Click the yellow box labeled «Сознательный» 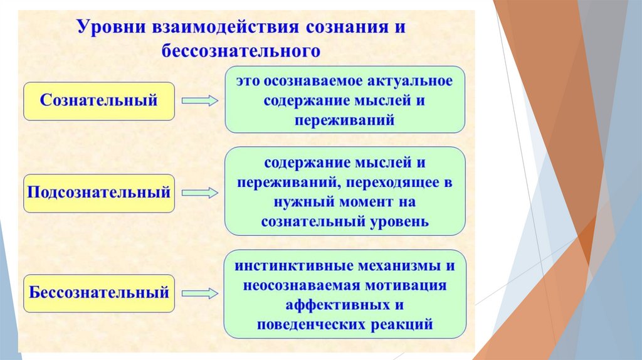(x=99, y=100)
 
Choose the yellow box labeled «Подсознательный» (x=99, y=193)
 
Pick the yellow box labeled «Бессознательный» (x=99, y=293)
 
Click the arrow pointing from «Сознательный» (x=199, y=100)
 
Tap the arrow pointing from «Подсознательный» (x=199, y=193)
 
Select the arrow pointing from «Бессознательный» (x=199, y=293)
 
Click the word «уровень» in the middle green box (x=397, y=222)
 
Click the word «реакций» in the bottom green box (x=403, y=325)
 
